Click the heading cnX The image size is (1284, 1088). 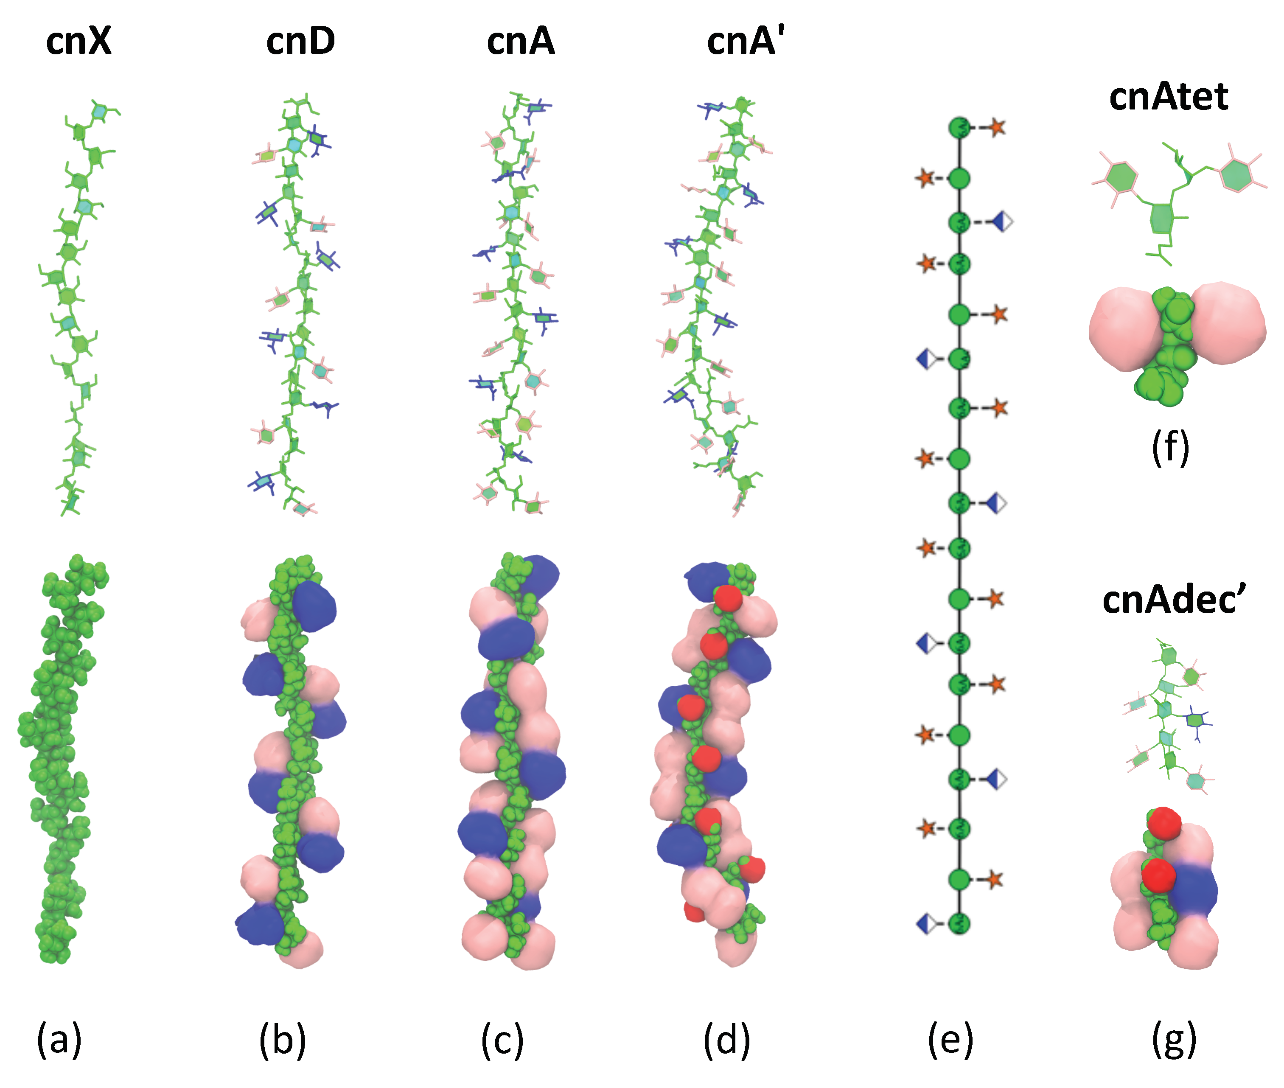[79, 42]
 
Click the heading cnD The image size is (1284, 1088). [300, 42]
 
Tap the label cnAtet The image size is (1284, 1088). [1167, 98]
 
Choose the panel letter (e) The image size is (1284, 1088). [950, 1040]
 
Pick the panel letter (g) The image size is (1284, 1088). [1174, 1040]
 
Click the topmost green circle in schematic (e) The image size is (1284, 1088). [959, 128]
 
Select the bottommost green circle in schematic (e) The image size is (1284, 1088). [959, 923]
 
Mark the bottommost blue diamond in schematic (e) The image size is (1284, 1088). [925, 923]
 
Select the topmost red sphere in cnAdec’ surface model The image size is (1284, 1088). [1164, 823]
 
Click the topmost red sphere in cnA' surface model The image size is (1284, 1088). [728, 597]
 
